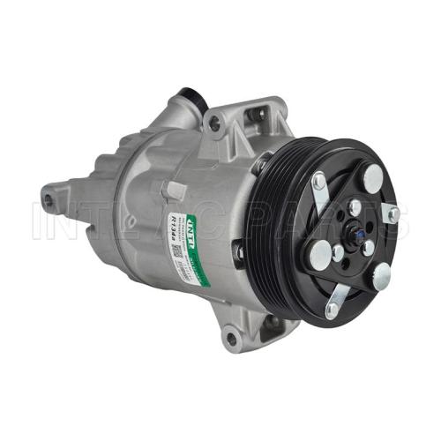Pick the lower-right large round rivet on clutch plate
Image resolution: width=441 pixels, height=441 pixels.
coord(382,277)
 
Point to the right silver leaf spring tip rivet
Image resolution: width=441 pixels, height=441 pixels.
coord(392,213)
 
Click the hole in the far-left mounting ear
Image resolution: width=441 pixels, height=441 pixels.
coord(49,202)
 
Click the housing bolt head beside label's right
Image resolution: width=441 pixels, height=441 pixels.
coord(239,254)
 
